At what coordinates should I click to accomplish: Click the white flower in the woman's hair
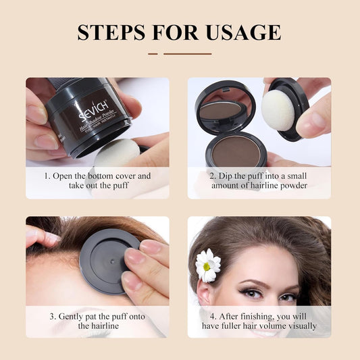(x=207, y=265)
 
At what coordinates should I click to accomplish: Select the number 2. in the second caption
(x=213, y=176)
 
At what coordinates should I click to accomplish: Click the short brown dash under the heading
(x=153, y=53)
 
